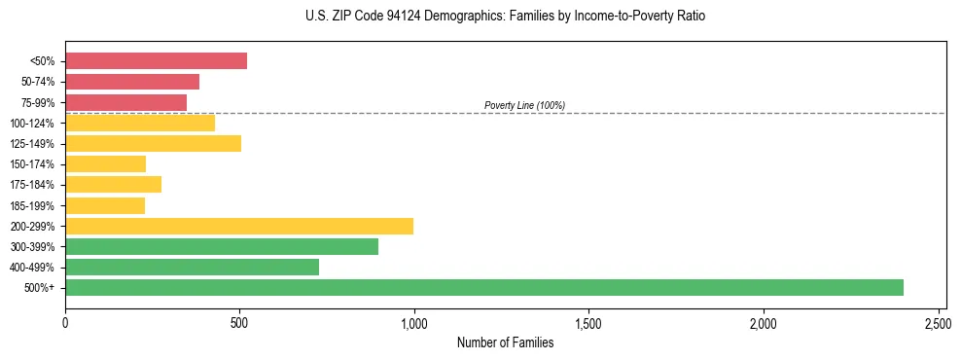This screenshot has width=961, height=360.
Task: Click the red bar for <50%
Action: [x=156, y=61]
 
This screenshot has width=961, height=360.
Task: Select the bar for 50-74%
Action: [x=132, y=82]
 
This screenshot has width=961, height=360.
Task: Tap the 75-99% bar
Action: [x=125, y=102]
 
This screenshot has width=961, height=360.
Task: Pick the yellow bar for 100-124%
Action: [x=140, y=123]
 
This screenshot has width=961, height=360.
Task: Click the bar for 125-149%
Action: [x=153, y=144]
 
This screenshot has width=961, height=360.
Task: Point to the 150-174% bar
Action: [x=105, y=164]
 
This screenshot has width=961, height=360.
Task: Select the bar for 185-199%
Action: [x=105, y=205]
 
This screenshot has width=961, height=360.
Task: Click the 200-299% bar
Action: [x=239, y=226]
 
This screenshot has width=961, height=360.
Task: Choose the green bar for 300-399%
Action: [x=222, y=246]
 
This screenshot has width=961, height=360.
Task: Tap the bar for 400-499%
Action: [x=192, y=267]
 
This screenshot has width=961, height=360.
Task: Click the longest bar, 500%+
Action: [x=484, y=287]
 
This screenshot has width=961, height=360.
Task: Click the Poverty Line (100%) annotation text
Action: [x=524, y=105]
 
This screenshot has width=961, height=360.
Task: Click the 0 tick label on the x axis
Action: [x=65, y=321]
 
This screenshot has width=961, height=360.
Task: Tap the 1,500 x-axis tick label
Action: [x=588, y=321]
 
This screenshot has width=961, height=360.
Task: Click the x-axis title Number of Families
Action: [x=505, y=342]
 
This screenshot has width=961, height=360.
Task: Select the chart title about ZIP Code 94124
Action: [x=505, y=17]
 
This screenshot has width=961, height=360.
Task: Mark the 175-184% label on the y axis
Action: [x=33, y=185]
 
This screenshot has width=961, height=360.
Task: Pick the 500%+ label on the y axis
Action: [x=40, y=288]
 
